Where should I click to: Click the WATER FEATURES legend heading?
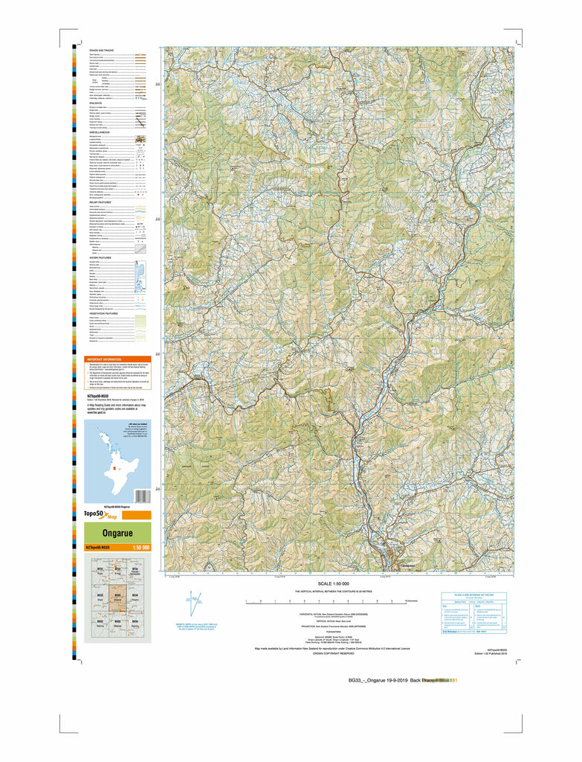(x=100, y=257)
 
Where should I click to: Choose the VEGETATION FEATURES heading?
(x=104, y=313)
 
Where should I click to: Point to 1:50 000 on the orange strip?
(x=140, y=548)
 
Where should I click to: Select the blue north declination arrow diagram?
(x=193, y=600)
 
